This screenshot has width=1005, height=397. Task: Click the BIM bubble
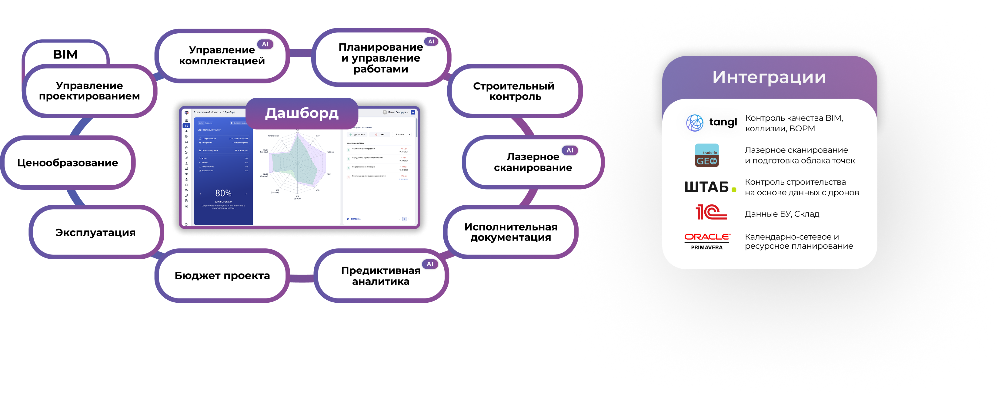[x=65, y=54]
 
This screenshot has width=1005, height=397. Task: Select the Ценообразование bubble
[x=68, y=162]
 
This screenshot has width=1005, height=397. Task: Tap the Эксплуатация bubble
[x=95, y=232]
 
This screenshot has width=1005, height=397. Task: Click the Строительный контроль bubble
[x=514, y=91]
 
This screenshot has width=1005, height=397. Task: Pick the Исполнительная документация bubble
[x=511, y=232]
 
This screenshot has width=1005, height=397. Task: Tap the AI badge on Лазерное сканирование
[x=569, y=150]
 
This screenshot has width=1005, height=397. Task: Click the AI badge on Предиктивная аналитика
[x=430, y=264]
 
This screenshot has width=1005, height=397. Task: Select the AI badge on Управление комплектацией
[x=265, y=44]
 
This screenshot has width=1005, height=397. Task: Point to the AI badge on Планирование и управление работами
[x=431, y=41]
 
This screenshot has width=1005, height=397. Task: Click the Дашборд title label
[x=302, y=113]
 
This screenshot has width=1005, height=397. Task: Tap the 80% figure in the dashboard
[x=223, y=193]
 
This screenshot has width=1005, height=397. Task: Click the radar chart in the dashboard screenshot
[x=297, y=162]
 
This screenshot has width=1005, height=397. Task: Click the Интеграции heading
[x=769, y=77]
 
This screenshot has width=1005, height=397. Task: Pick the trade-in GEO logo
[x=706, y=155]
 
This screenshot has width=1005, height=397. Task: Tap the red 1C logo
[x=711, y=213]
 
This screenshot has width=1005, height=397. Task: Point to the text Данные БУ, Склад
[x=782, y=214]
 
